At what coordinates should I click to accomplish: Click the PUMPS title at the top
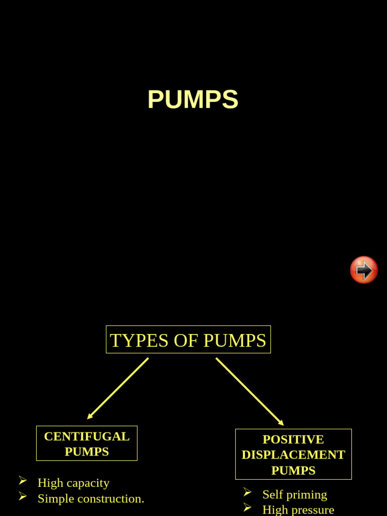[192, 100]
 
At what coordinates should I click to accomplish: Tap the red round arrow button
[364, 270]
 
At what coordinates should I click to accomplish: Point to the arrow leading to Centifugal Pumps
[118, 389]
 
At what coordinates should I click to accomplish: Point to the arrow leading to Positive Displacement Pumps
[250, 392]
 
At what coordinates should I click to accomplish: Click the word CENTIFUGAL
[87, 436]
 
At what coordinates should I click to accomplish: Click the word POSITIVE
[293, 439]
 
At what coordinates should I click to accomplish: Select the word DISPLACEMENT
[293, 455]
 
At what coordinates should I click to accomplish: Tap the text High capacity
[74, 483]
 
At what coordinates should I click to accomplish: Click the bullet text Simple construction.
[91, 498]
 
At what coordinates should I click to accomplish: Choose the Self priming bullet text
[295, 494]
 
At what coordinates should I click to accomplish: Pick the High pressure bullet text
[298, 509]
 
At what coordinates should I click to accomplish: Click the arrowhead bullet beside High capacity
[23, 481]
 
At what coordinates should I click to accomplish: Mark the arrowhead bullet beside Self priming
[247, 492]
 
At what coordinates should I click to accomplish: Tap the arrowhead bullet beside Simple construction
[23, 496]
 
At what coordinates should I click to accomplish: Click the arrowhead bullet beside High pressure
[247, 507]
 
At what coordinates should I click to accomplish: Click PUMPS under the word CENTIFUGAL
[87, 451]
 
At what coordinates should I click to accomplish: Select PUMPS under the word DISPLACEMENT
[293, 471]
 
